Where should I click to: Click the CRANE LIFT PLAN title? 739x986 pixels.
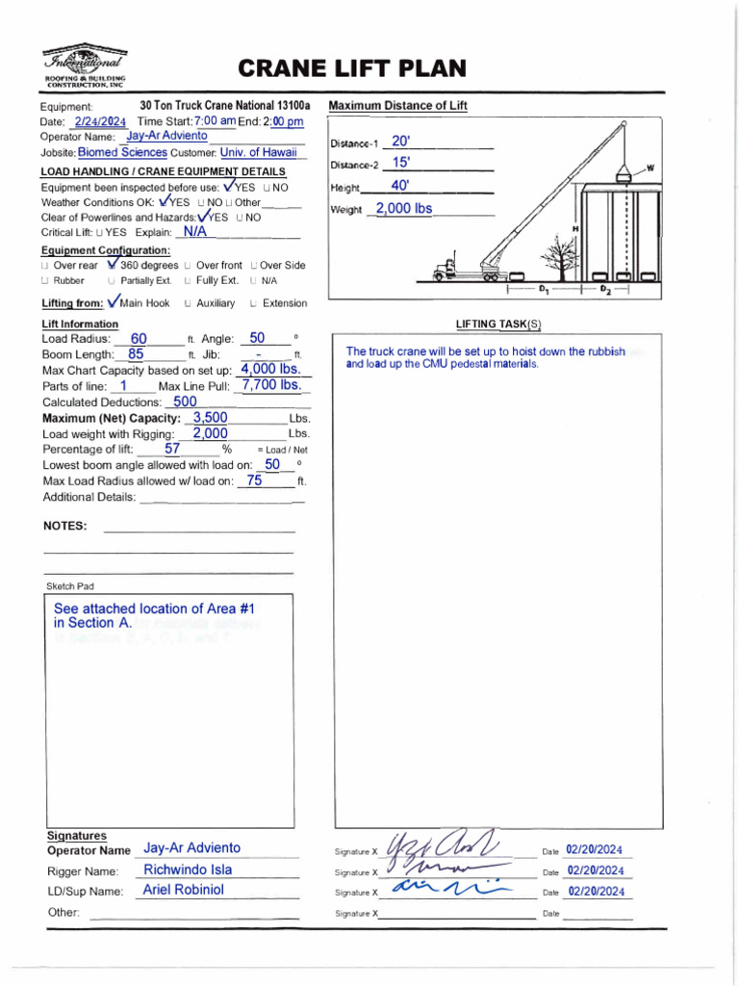pos(351,68)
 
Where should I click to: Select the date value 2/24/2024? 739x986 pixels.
pos(100,122)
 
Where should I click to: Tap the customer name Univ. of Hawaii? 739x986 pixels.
pos(262,152)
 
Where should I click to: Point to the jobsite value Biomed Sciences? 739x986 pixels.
pos(122,152)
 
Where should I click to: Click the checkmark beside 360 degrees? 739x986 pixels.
pos(114,263)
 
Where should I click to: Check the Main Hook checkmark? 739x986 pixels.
pos(115,301)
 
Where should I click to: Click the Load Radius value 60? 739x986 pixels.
pos(139,339)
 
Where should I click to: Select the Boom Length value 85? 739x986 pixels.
pos(136,354)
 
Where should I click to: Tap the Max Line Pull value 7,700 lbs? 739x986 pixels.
pos(271,385)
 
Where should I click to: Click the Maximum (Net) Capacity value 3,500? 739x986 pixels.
pos(211,418)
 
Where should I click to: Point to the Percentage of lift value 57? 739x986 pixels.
pos(172,449)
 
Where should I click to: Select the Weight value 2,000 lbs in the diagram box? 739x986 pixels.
pos(403,208)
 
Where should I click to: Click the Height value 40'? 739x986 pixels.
pos(400,186)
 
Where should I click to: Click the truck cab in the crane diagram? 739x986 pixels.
pos(446,271)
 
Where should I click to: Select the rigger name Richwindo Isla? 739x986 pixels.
pos(188,869)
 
